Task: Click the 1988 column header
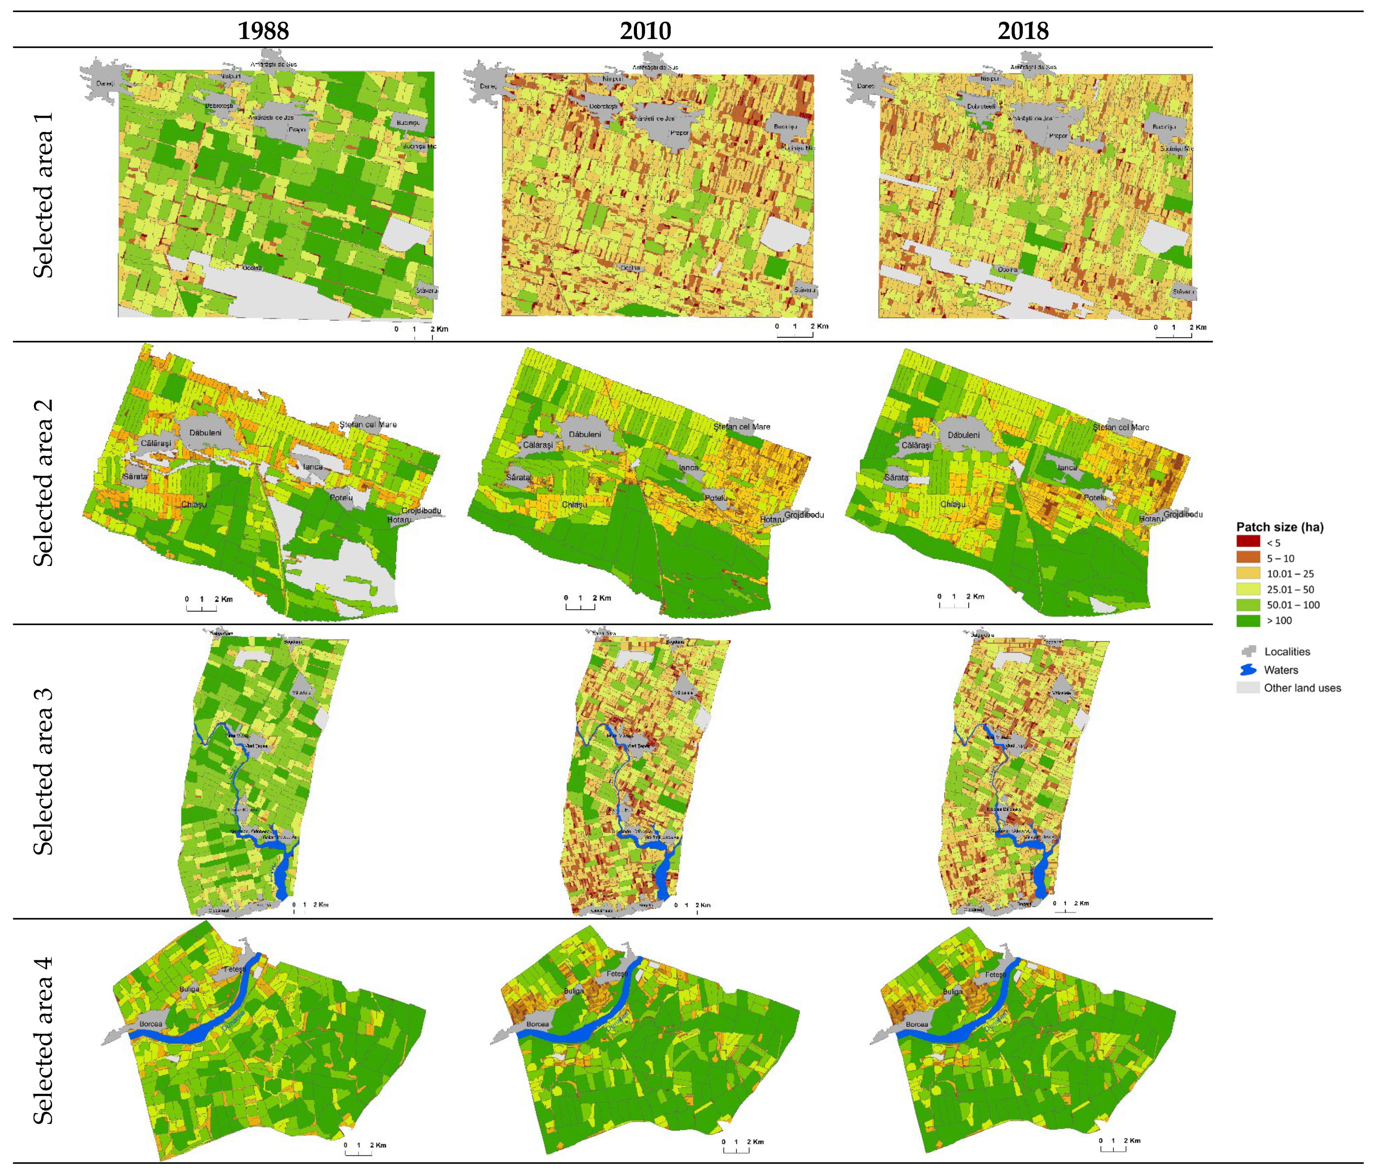pos(263,31)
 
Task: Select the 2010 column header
pos(645,31)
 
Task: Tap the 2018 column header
pos(1023,31)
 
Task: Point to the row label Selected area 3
pos(43,771)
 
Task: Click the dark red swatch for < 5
pos(1248,541)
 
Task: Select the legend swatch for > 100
pos(1248,621)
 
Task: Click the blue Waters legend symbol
pos(1248,670)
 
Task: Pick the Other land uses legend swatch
pos(1248,688)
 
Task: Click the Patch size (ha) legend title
pos(1280,527)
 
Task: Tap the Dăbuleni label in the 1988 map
pos(205,433)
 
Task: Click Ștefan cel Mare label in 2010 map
pos(741,427)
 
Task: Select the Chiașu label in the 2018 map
pos(953,504)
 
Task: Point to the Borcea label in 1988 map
pos(151,1024)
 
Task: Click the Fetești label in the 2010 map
pos(616,974)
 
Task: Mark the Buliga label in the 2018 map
pos(952,992)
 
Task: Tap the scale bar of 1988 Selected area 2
pos(201,606)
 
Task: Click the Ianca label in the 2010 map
pos(688,467)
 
